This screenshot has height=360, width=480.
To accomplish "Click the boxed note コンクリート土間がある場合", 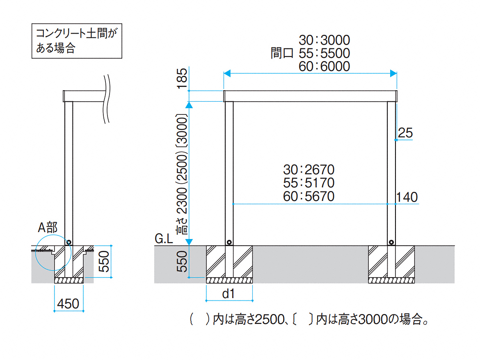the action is click(x=77, y=41).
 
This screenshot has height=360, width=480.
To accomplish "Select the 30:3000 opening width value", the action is click(x=324, y=40).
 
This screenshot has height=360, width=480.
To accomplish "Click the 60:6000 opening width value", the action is click(x=324, y=66).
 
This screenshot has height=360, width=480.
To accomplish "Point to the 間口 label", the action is click(x=282, y=53).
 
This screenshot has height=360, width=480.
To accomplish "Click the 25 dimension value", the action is click(x=405, y=133).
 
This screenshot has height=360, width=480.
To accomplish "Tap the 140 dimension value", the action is click(x=407, y=197).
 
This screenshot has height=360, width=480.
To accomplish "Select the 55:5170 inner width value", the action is click(x=309, y=183).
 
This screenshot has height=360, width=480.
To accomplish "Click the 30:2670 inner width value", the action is click(x=309, y=170).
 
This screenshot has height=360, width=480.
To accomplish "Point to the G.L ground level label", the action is click(x=164, y=239).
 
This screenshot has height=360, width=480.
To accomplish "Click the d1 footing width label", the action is click(x=229, y=294).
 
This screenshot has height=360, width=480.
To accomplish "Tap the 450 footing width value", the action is click(x=68, y=304).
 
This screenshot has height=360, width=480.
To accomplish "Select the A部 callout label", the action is click(x=48, y=228).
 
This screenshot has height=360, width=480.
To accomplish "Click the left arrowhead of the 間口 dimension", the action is click(x=227, y=73).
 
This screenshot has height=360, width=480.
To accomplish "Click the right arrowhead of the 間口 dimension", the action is click(x=393, y=73).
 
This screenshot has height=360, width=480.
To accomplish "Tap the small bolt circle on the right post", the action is click(x=391, y=242).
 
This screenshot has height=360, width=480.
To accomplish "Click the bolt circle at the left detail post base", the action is click(x=69, y=242).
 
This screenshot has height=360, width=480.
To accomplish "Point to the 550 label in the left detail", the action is click(x=104, y=262).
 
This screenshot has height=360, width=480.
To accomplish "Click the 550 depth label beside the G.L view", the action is click(x=182, y=262).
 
